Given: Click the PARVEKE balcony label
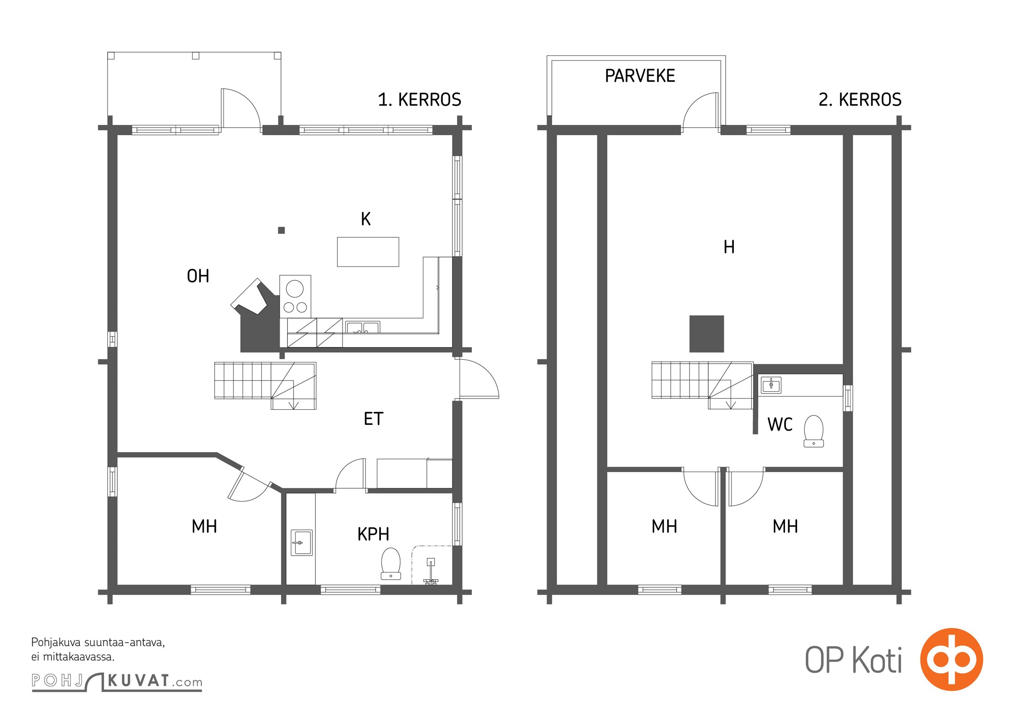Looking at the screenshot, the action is coord(640,76).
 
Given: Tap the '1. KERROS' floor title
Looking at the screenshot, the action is coord(419,100).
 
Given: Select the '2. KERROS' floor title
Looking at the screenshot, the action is coord(860,100).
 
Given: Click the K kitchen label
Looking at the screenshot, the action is coord(366,219).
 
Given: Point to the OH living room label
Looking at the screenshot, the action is coord(198,276).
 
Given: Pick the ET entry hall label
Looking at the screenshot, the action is coord(373,419).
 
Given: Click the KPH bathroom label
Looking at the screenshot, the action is coord(373,534).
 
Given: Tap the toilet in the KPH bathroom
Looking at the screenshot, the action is coord(391,563).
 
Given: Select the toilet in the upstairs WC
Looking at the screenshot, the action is coord(814,431).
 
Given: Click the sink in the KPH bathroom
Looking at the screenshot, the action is coord(302,542).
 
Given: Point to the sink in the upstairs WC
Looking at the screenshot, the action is coord(771,385).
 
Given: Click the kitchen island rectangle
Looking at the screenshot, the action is coord(368,252).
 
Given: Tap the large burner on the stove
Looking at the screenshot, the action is coord(294,288).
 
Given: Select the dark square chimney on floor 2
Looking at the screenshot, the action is coord(707,334).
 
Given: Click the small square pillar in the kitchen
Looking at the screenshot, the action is coord(281,230).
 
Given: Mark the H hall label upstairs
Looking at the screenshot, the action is coord(729,247).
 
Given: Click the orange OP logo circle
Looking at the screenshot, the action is coord(951,659).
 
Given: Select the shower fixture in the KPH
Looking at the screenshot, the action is coord(430,571).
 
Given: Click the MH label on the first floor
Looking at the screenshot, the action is coord(204,527).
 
